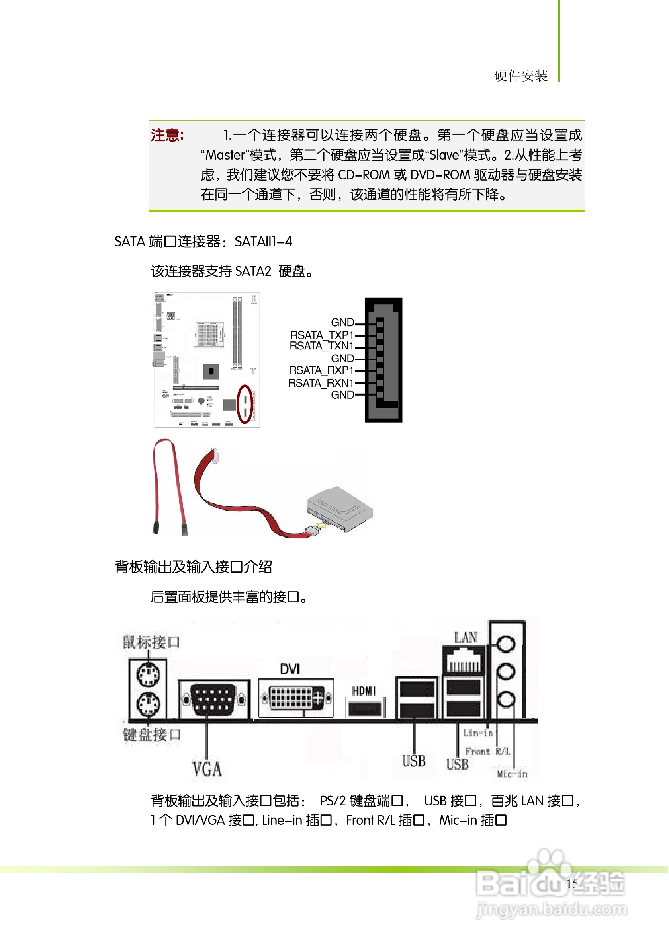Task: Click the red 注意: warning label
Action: pyautogui.click(x=167, y=135)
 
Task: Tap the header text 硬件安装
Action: pyautogui.click(x=521, y=76)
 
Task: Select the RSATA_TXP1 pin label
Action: pyautogui.click(x=322, y=335)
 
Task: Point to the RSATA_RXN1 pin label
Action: pyautogui.click(x=321, y=383)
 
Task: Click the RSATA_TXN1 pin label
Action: pyautogui.click(x=321, y=346)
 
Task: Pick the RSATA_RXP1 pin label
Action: pyautogui.click(x=321, y=370)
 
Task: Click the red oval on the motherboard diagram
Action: pyautogui.click(x=245, y=404)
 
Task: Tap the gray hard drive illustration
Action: pyautogui.click(x=340, y=509)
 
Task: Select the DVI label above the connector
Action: pyautogui.click(x=290, y=669)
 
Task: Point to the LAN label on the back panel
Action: pyautogui.click(x=466, y=638)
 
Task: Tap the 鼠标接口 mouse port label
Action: pyautogui.click(x=151, y=642)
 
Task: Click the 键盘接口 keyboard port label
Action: pyautogui.click(x=152, y=735)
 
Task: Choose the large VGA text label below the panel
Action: pyautogui.click(x=207, y=769)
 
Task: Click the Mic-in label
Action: pyautogui.click(x=512, y=774)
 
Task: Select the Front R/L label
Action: pyautogui.click(x=488, y=752)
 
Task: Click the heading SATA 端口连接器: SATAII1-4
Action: pyautogui.click(x=203, y=242)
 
